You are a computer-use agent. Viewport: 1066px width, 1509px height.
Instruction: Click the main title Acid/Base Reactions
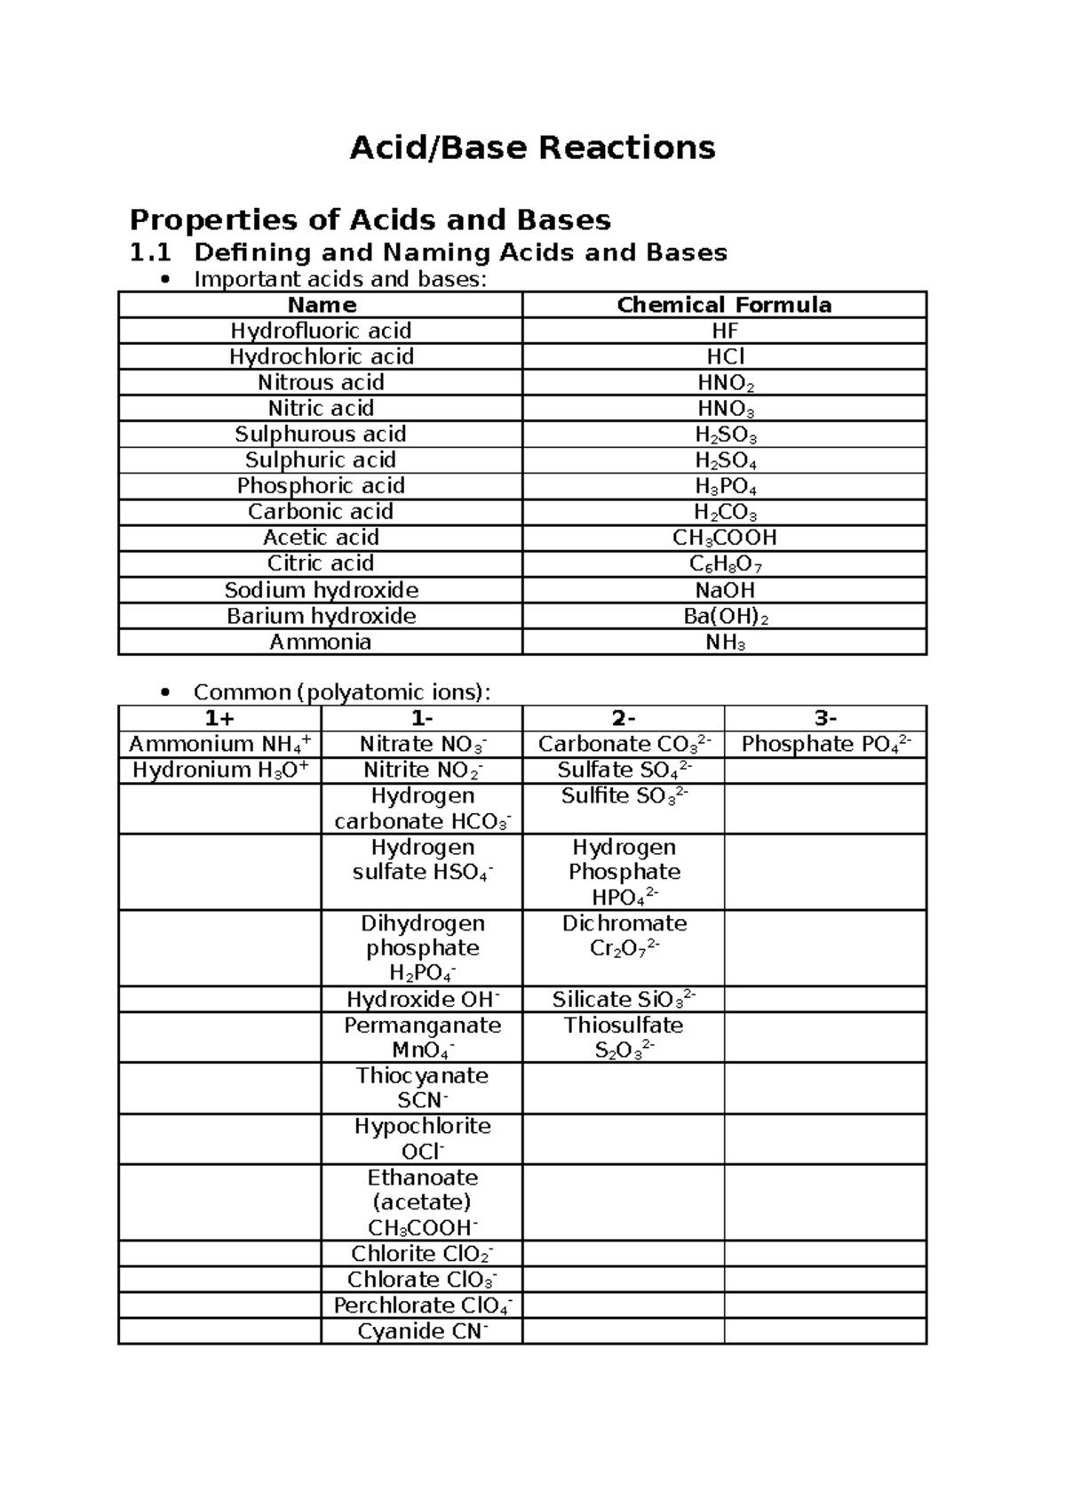[532, 148]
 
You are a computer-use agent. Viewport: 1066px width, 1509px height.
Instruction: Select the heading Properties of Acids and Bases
[370, 220]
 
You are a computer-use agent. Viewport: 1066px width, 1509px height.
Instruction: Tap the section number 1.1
[149, 253]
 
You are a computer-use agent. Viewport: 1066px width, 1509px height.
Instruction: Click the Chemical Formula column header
[724, 305]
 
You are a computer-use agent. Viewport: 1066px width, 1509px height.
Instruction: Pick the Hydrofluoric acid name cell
[321, 331]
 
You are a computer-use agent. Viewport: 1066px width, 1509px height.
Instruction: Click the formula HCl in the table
[725, 356]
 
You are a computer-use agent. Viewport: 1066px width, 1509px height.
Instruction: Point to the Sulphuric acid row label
[321, 459]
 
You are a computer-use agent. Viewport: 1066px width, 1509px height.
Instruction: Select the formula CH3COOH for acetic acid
[725, 538]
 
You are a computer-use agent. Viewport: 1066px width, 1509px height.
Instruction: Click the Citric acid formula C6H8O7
[725, 563]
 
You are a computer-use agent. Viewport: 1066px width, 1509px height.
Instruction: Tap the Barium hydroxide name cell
[321, 616]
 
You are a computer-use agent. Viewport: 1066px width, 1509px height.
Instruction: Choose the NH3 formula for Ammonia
[725, 643]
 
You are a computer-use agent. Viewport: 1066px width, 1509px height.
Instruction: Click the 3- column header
[825, 718]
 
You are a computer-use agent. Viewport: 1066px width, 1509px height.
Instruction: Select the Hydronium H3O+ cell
[220, 770]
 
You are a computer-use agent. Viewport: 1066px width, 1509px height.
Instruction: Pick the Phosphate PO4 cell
[825, 744]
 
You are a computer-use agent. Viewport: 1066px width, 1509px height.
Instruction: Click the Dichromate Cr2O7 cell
[624, 936]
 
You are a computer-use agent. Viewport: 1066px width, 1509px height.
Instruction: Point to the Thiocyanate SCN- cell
[422, 1088]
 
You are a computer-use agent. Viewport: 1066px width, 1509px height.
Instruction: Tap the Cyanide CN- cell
[422, 1330]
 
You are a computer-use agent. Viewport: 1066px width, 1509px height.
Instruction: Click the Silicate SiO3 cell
[624, 999]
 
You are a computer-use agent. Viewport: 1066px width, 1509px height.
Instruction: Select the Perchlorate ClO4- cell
[422, 1305]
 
